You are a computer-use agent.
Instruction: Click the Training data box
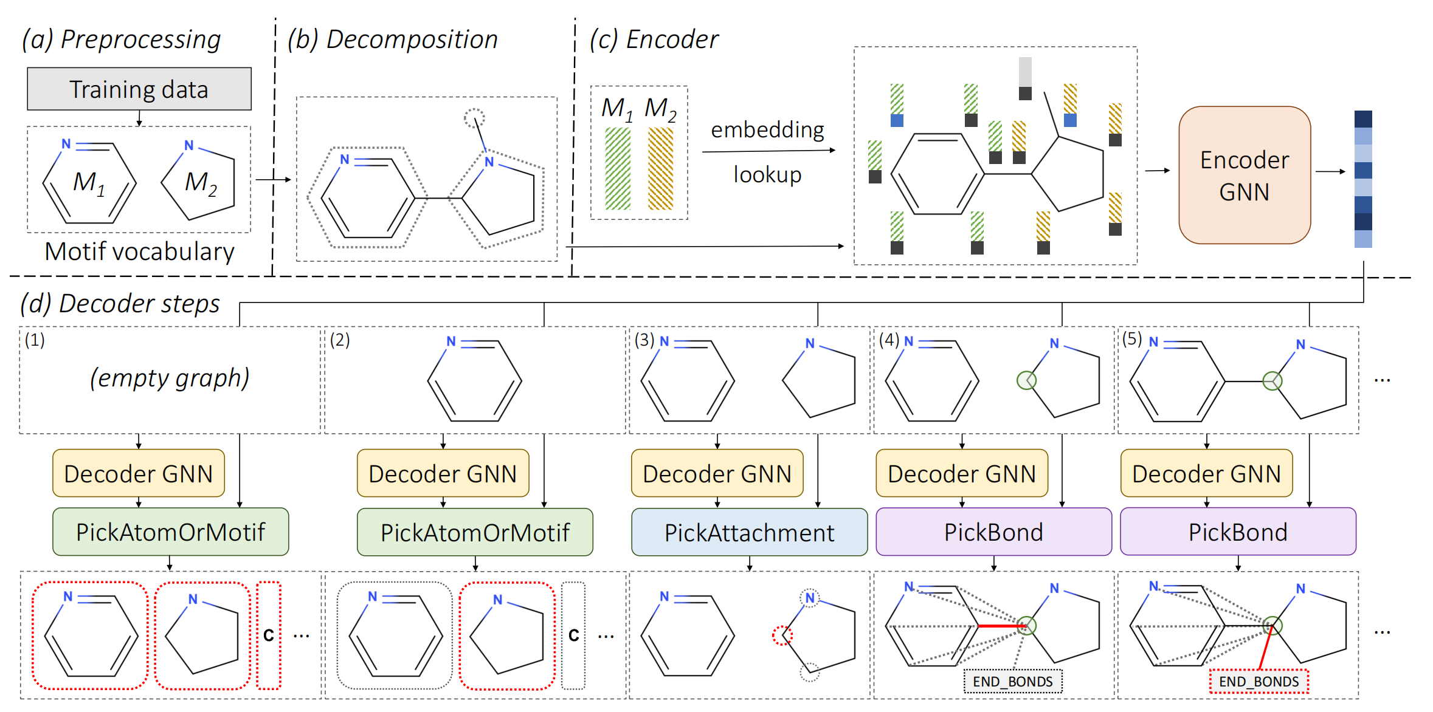click(x=139, y=89)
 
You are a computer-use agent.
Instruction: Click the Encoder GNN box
click(x=1244, y=175)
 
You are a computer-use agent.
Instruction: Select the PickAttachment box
click(x=749, y=532)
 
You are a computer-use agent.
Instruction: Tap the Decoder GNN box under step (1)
click(x=139, y=473)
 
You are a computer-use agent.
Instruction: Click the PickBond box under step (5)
click(x=1238, y=532)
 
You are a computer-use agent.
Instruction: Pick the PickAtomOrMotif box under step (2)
click(x=475, y=532)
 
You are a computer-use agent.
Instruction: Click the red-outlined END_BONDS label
click(x=1259, y=682)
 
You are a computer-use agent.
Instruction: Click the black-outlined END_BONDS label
click(x=1013, y=682)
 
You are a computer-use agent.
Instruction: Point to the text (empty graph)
click(x=170, y=378)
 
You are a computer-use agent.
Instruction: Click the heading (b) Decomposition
click(x=392, y=39)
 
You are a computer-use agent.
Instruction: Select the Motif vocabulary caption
click(x=139, y=252)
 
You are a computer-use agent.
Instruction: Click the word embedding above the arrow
click(x=767, y=129)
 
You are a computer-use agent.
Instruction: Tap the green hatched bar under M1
click(x=618, y=169)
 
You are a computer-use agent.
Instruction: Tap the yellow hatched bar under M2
click(x=660, y=169)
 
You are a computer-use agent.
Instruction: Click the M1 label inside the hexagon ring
click(x=89, y=182)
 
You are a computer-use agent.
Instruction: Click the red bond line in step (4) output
click(x=1000, y=626)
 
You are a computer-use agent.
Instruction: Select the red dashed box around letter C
click(x=269, y=635)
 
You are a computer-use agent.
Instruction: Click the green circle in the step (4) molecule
click(x=1026, y=381)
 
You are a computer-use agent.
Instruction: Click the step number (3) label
click(x=644, y=340)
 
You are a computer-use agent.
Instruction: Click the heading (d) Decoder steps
click(x=120, y=303)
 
